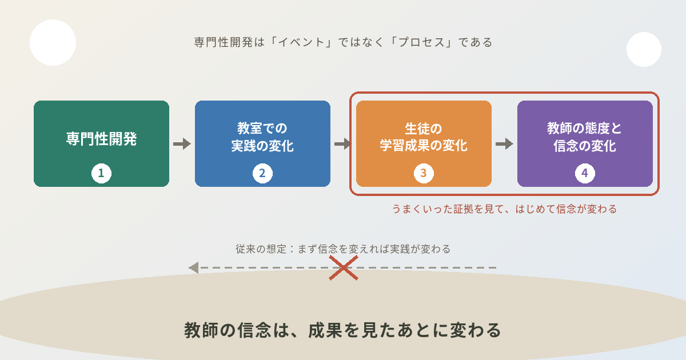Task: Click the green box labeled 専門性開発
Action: [x=101, y=143]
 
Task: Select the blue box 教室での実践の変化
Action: [x=262, y=143]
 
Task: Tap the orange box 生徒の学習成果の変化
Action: [x=424, y=143]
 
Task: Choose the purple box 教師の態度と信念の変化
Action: [x=585, y=143]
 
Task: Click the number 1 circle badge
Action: [x=101, y=173]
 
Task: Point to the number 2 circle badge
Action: [x=262, y=173]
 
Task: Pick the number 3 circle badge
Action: [x=424, y=173]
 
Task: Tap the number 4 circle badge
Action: [x=585, y=173]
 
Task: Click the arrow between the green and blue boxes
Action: [x=182, y=143]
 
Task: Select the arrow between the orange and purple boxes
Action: [x=504, y=143]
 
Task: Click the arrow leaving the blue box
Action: [x=343, y=143]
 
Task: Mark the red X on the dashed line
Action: [x=344, y=268]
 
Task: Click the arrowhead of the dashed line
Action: [x=194, y=268]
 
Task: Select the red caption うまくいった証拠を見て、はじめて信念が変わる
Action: [x=504, y=209]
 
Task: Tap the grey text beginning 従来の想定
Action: [x=343, y=249]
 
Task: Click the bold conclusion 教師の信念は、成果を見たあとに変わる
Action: [x=342, y=330]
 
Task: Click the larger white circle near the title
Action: [x=53, y=42]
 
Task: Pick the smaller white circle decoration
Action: [x=644, y=49]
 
